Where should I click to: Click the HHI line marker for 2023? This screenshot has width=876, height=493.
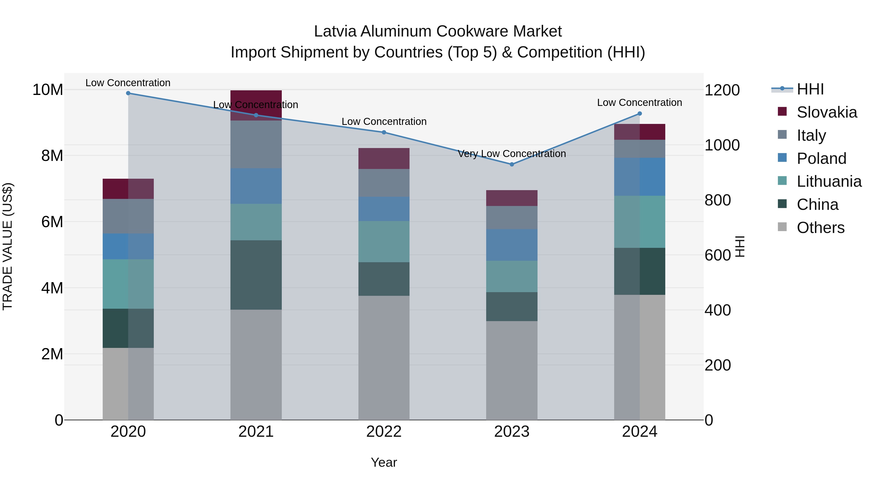pos(512,164)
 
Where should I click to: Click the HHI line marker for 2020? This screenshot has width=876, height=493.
pos(128,93)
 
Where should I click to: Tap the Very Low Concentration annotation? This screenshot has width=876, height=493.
pos(512,154)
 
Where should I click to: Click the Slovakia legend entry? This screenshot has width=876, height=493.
pos(826,112)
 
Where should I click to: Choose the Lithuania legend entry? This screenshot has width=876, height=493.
pos(829,181)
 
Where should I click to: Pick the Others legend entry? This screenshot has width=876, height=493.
pos(820,228)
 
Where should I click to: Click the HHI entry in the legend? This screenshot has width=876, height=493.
pos(810,89)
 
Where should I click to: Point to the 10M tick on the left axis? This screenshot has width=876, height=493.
pos(48,90)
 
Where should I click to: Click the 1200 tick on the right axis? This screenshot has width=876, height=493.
pos(722,90)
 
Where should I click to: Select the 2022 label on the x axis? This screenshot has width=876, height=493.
pos(384,432)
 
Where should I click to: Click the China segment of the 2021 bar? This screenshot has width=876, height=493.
pos(256,275)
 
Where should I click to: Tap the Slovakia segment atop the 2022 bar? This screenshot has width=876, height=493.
pos(384,158)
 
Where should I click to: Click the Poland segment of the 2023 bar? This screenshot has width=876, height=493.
pos(512,245)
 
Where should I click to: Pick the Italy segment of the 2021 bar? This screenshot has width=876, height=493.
pos(256,145)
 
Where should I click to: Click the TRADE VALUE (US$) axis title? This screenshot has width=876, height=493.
pos(8,246)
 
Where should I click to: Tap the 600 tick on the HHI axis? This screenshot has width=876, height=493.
pos(718,255)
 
